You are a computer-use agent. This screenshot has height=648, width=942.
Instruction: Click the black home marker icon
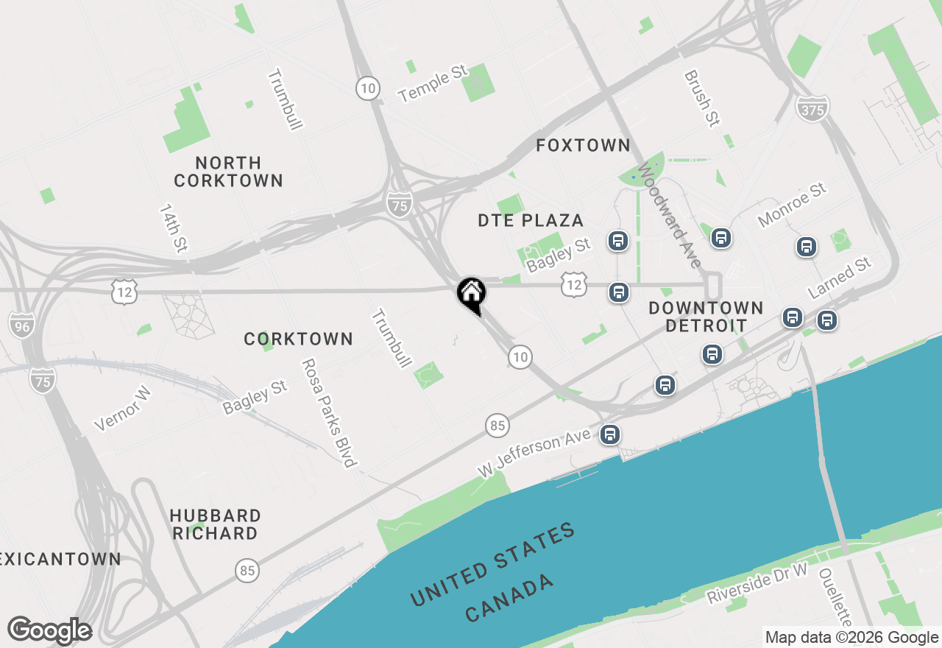click(x=471, y=294)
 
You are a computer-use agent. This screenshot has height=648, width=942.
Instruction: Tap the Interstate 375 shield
click(x=812, y=109)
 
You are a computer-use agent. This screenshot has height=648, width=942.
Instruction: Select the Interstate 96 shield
click(x=21, y=324)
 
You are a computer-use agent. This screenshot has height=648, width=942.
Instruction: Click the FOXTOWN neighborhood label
click(x=583, y=146)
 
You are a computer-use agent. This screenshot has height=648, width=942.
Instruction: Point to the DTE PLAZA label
click(x=531, y=220)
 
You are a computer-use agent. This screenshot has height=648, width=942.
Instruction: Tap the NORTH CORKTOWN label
click(x=229, y=172)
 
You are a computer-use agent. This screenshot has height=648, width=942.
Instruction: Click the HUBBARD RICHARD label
click(x=215, y=524)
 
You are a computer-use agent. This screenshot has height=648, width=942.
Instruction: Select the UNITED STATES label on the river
click(x=492, y=563)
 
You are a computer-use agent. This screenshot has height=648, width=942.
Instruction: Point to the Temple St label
click(x=433, y=83)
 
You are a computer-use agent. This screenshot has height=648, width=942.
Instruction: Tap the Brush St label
click(x=701, y=98)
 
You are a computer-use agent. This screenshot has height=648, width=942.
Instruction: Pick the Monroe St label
click(x=792, y=205)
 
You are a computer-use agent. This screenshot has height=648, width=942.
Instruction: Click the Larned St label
click(x=839, y=278)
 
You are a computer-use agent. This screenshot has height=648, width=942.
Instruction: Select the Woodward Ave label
click(x=670, y=215)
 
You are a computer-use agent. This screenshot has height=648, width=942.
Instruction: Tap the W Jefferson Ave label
click(x=534, y=453)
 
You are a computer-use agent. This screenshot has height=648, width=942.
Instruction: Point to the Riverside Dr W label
click(x=757, y=583)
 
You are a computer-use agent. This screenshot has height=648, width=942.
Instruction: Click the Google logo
click(x=49, y=631)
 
